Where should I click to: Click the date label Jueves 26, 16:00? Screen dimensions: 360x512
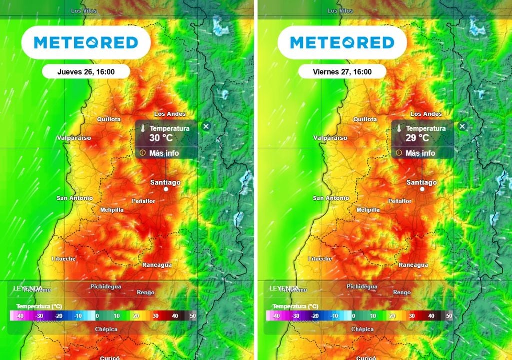click(86, 72)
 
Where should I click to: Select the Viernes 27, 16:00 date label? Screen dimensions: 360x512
click(342, 72)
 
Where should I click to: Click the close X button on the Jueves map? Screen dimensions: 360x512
click(206, 126)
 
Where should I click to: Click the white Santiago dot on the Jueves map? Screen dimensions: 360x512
click(166, 190)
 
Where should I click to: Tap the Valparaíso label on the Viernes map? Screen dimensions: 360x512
click(330, 138)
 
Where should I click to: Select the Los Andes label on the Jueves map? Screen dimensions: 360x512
click(170, 114)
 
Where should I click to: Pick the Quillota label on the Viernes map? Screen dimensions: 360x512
click(365, 120)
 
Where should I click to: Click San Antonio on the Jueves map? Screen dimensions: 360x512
click(75, 198)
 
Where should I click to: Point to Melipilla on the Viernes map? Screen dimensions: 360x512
click(368, 210)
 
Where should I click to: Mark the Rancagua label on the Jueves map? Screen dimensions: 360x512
click(157, 265)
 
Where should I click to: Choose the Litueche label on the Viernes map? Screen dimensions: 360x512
click(320, 259)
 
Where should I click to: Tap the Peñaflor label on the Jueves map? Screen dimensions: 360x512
click(143, 201)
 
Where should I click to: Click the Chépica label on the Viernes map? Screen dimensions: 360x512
click(362, 329)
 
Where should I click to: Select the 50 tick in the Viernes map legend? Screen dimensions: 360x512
click(449, 316)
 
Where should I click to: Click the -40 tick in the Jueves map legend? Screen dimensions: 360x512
click(20, 316)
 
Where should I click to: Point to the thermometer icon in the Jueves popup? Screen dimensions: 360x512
click(142, 129)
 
